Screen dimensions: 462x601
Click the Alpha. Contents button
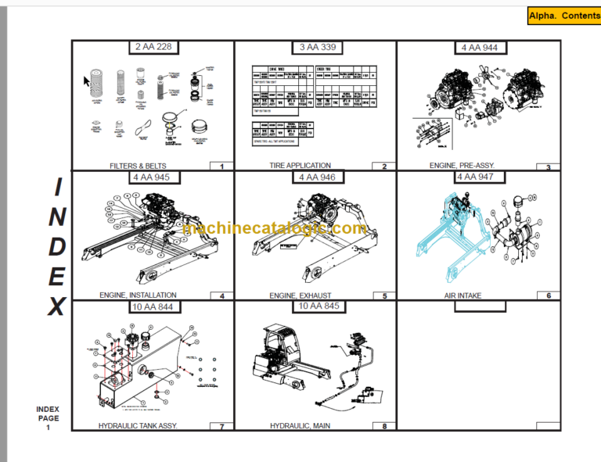pyautogui.click(x=563, y=16)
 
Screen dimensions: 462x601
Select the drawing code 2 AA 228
pyautogui.click(x=153, y=47)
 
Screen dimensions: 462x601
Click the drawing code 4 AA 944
pyautogui.click(x=478, y=48)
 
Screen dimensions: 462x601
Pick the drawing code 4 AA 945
pyautogui.click(x=153, y=177)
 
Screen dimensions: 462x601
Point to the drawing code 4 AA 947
pyautogui.click(x=478, y=177)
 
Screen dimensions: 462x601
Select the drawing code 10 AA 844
pyautogui.click(x=153, y=306)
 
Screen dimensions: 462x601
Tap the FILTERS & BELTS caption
pyautogui.click(x=138, y=166)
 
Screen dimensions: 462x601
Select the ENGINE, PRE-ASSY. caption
pyautogui.click(x=462, y=166)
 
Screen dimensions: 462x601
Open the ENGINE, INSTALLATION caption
pyautogui.click(x=138, y=295)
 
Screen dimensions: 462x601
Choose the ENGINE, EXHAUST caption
pyautogui.click(x=300, y=295)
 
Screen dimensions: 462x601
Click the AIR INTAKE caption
pyautogui.click(x=462, y=295)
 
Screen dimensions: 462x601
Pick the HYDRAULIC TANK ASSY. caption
pyautogui.click(x=138, y=425)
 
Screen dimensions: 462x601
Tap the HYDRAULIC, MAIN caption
pyautogui.click(x=300, y=425)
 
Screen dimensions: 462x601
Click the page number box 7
pyautogui.click(x=221, y=426)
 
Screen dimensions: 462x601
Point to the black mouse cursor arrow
pyautogui.click(x=88, y=81)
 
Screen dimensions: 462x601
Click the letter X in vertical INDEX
pyautogui.click(x=56, y=306)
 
